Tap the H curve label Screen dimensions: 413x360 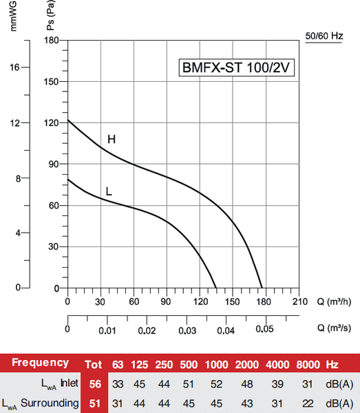pyautogui.click(x=111, y=140)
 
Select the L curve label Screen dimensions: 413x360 pyautogui.click(x=109, y=189)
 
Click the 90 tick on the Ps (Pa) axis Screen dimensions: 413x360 pyautogui.click(x=52, y=164)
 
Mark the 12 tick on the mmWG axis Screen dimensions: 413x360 pyautogui.click(x=16, y=123)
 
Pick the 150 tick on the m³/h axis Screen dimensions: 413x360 pyautogui.click(x=233, y=301)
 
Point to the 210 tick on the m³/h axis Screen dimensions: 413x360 pyautogui.click(x=299, y=301)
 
